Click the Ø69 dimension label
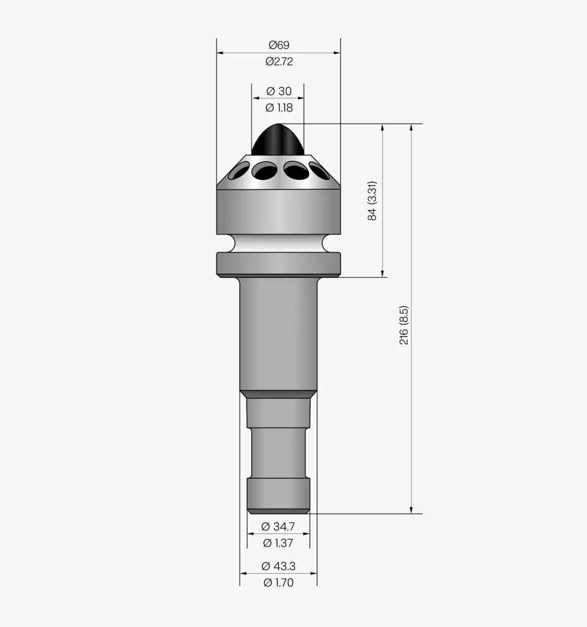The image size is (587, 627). [279, 45]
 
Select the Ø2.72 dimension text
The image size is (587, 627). [279, 61]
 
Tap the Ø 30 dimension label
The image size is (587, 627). [279, 91]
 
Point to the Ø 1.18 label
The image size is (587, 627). [279, 108]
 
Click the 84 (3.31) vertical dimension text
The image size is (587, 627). [372, 201]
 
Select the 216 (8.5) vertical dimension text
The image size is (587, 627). [404, 325]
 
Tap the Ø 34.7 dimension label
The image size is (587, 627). [278, 526]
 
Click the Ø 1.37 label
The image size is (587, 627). [278, 543]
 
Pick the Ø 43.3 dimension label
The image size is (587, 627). [278, 566]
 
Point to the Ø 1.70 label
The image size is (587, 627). [278, 582]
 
